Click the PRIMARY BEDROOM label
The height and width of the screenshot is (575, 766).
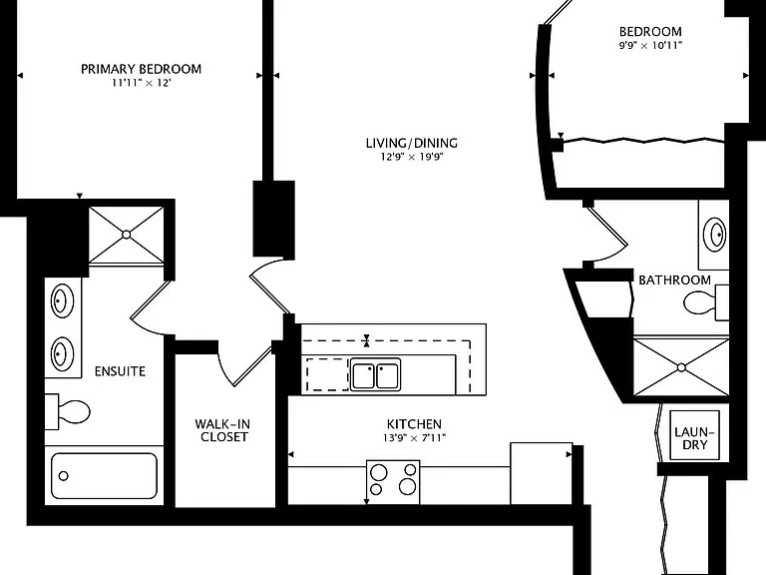tap(142, 69)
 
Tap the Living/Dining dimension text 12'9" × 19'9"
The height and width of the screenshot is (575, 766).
tap(412, 157)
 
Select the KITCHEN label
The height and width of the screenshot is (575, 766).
tap(414, 424)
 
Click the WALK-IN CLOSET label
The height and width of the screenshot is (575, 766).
tap(222, 430)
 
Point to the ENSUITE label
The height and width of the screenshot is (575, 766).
tap(120, 371)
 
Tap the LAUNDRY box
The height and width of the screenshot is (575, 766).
tap(694, 435)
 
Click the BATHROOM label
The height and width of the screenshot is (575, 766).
tap(674, 281)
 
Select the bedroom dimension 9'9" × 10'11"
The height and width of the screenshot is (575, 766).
tap(650, 46)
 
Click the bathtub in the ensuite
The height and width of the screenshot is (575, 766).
tap(104, 476)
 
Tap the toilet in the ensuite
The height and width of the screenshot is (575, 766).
tap(68, 411)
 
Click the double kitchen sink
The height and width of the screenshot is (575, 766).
tap(376, 374)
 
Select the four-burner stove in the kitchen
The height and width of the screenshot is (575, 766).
tap(393, 482)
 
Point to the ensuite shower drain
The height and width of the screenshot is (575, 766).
tap(126, 235)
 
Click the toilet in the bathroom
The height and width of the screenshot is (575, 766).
tap(706, 302)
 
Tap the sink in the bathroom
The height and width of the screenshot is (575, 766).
tap(715, 235)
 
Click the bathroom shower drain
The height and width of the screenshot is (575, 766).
tap(681, 367)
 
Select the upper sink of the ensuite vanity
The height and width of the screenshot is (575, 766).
tap(63, 300)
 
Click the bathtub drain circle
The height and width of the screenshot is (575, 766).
tap(64, 476)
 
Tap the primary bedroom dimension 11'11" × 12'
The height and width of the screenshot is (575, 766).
tap(142, 83)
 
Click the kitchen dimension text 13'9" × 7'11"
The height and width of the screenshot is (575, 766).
tap(414, 438)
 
